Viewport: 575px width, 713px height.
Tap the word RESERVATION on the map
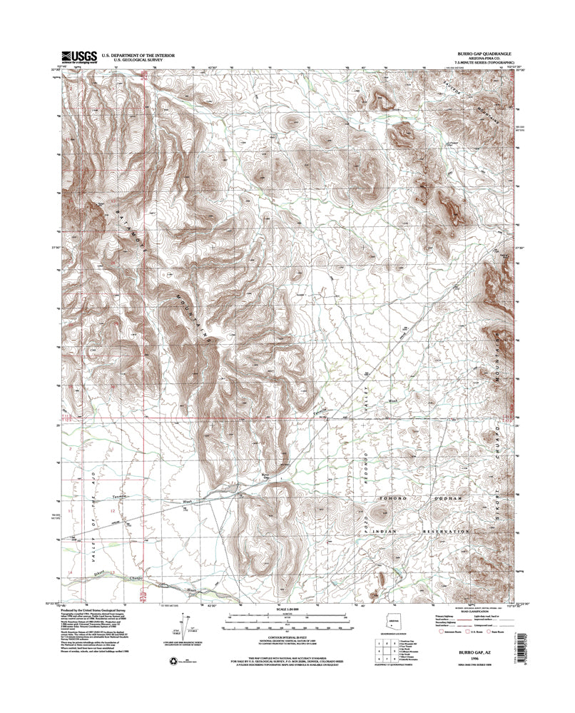pyautogui.click(x=441, y=532)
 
